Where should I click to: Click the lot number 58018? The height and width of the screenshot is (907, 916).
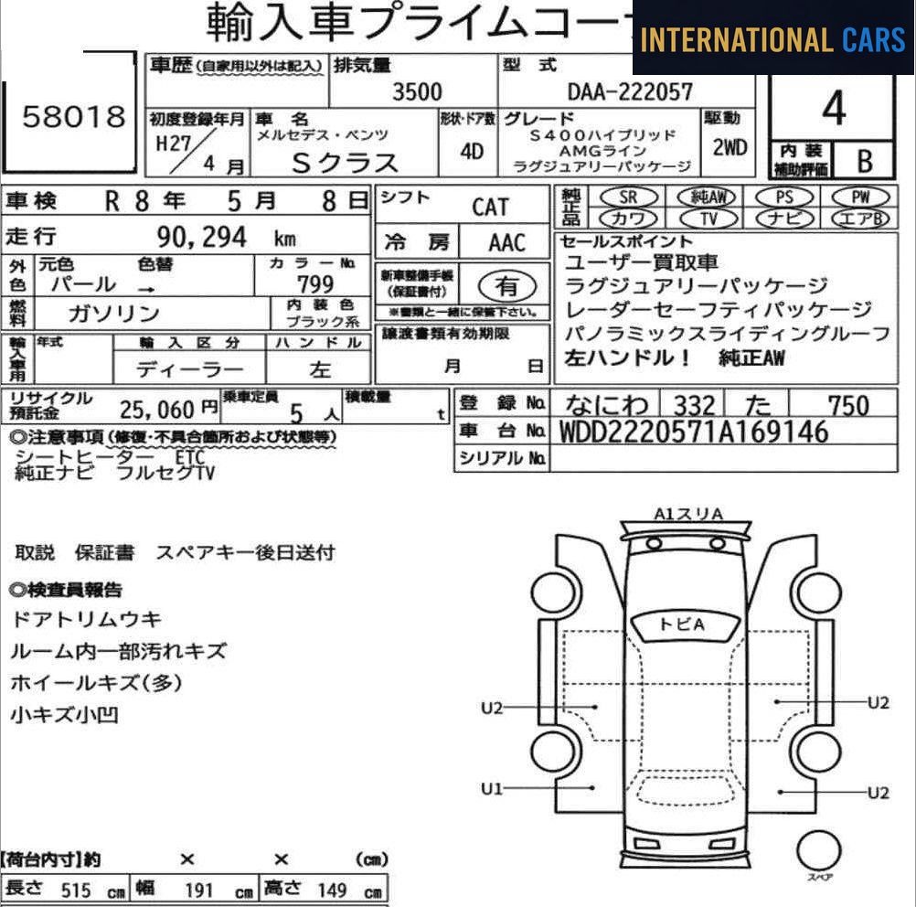tap(72, 117)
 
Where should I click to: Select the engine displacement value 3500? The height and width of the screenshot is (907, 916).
tap(416, 91)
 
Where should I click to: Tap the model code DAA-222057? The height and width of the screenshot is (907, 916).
tap(630, 91)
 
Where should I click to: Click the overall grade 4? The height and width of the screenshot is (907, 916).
tap(832, 110)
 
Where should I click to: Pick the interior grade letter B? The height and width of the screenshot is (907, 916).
tap(864, 162)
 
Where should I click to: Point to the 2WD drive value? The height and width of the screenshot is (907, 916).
tap(729, 148)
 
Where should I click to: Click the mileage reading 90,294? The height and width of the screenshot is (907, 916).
tap(201, 238)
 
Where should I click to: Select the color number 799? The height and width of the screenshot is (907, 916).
tap(315, 284)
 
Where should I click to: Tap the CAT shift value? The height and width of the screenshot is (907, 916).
tap(490, 207)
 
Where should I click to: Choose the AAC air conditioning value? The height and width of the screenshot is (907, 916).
tap(506, 243)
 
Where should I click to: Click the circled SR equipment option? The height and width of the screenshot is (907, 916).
tap(627, 197)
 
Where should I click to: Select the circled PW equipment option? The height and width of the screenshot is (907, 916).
tap(859, 197)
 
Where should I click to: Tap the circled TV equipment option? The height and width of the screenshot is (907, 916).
tap(708, 219)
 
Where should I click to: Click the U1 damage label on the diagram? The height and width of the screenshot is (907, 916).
tap(492, 788)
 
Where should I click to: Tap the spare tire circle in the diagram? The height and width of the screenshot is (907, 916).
tap(818, 851)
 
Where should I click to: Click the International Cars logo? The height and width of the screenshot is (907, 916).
tap(773, 39)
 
